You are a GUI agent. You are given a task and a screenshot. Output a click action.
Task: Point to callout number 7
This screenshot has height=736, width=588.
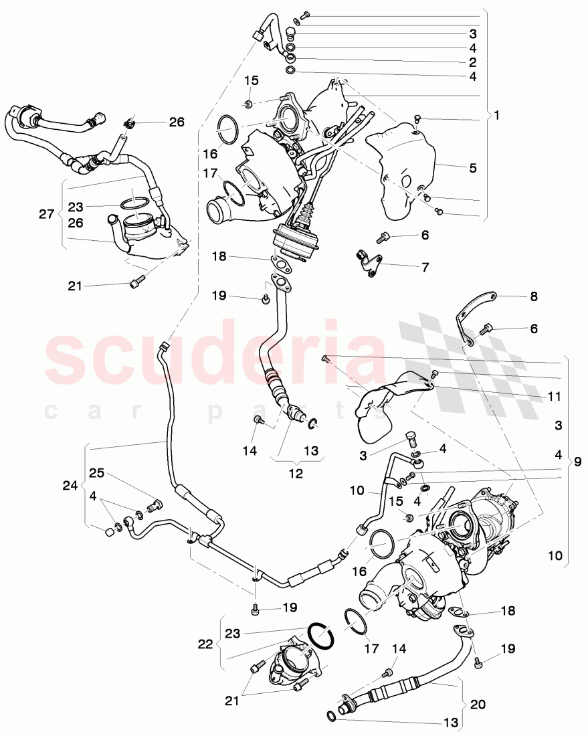tap(425, 266)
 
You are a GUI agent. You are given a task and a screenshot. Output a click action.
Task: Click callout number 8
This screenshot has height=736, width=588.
tap(534, 296)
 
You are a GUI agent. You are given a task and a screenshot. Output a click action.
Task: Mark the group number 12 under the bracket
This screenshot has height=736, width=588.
tap(295, 473)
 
